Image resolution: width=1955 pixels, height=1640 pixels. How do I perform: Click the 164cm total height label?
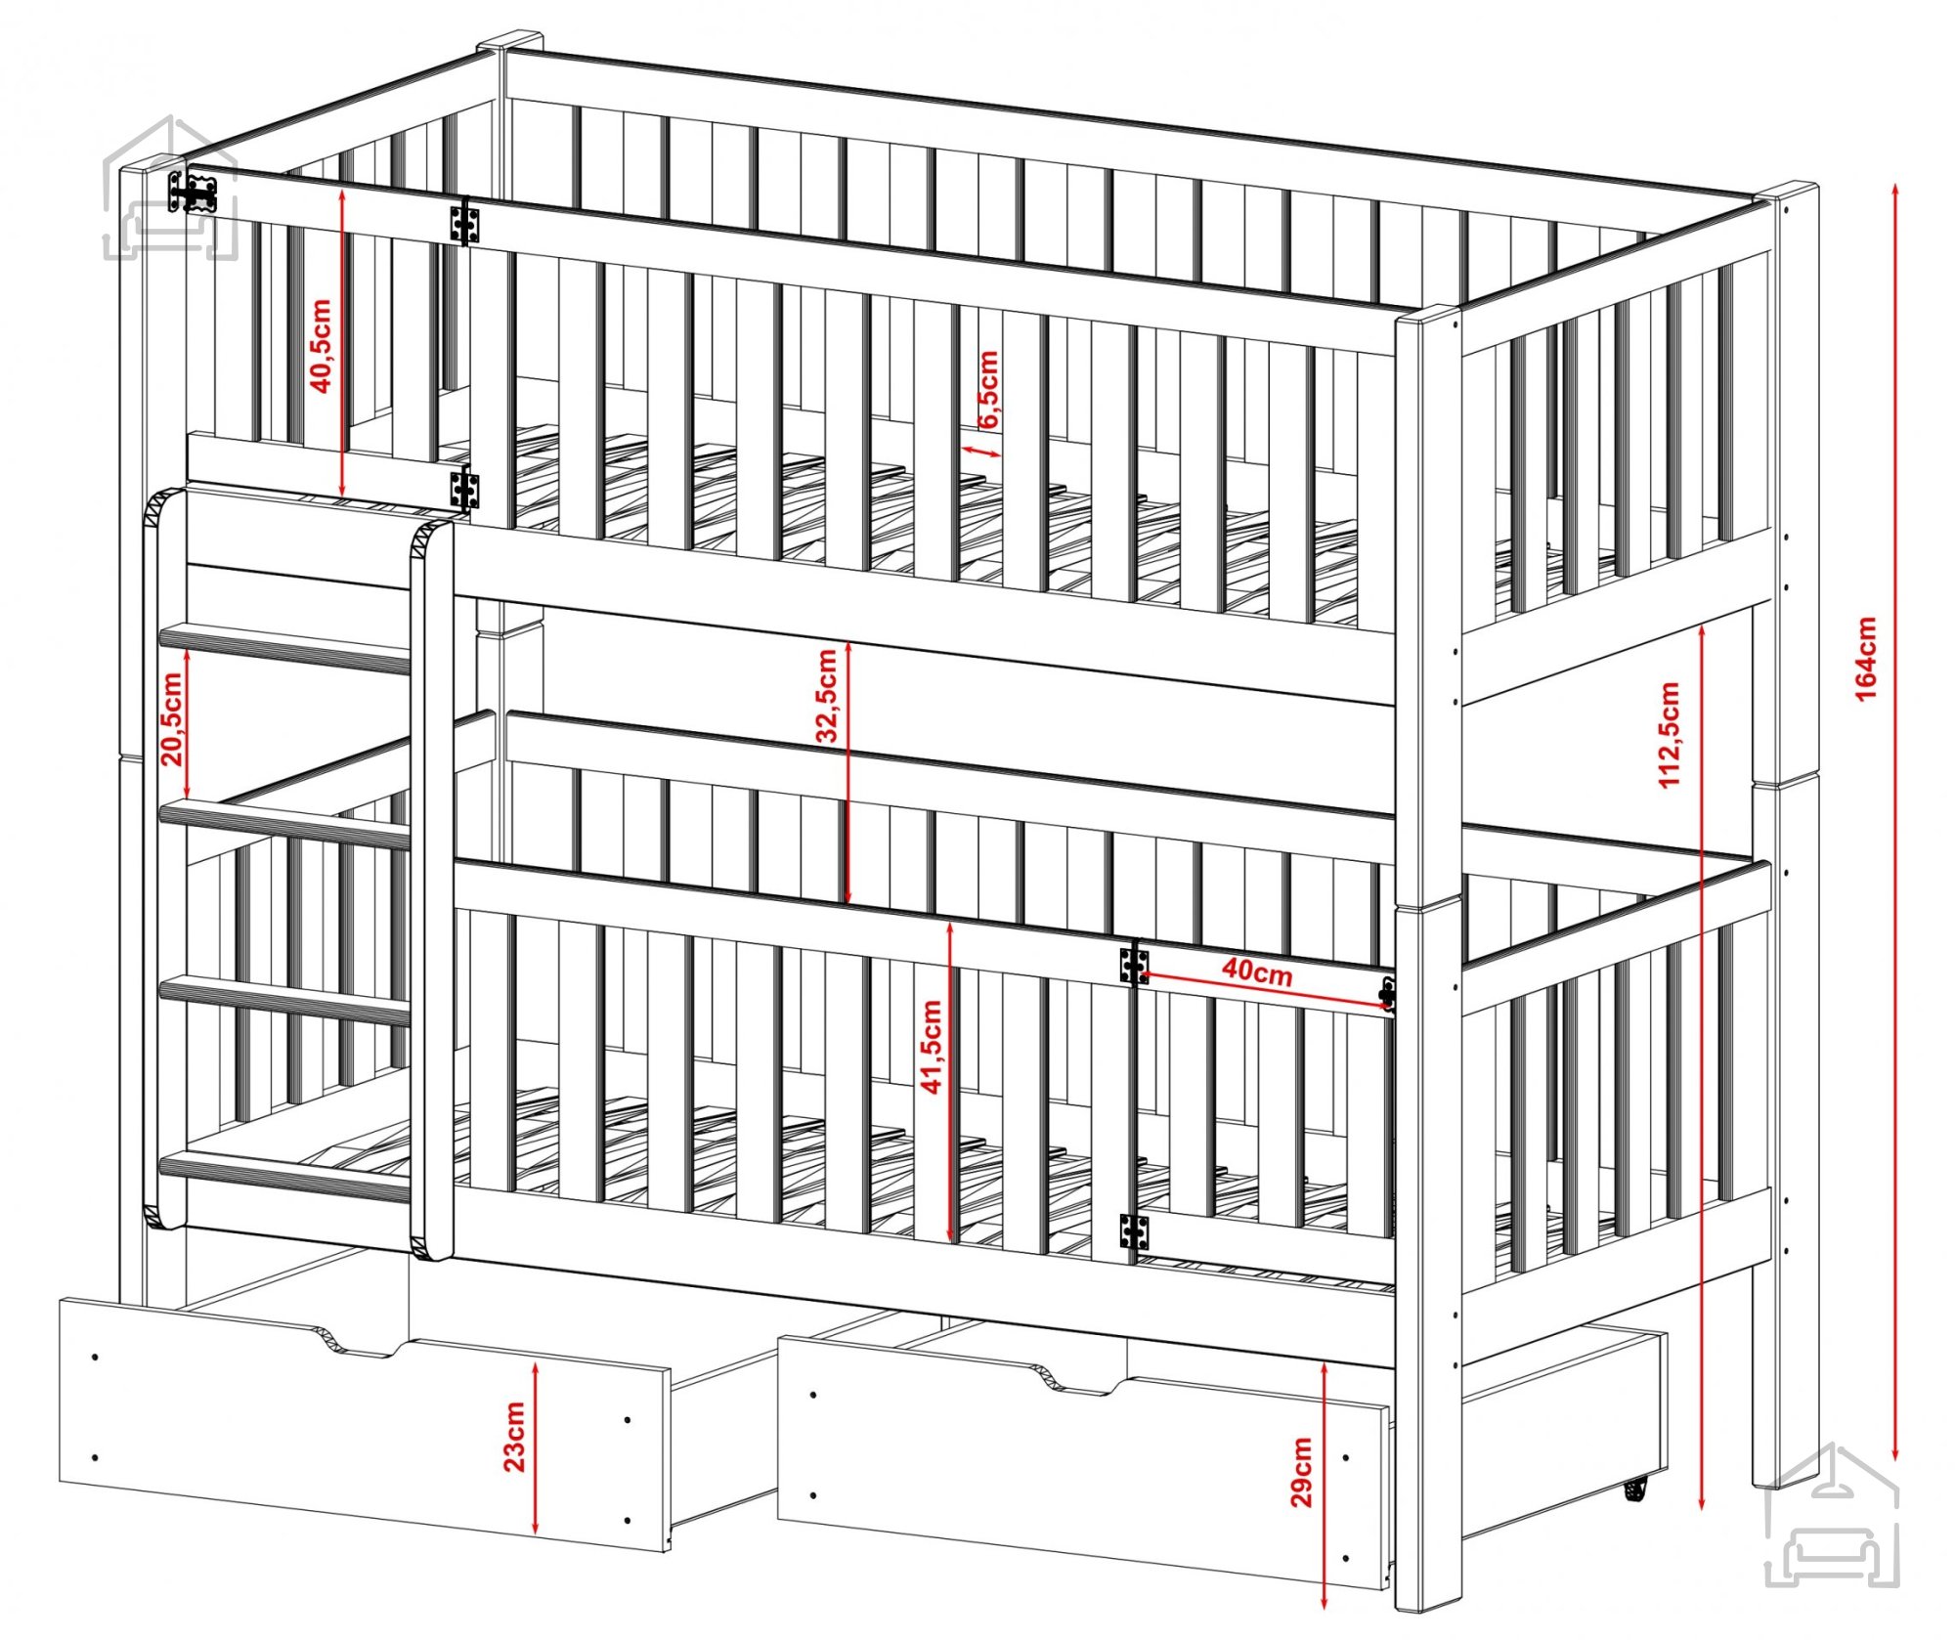point(1866,659)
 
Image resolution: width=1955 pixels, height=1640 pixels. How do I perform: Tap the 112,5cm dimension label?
point(1670,735)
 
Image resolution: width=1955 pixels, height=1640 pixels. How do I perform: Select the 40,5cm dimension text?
point(321,346)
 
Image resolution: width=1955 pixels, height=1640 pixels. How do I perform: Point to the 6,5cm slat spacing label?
point(988,389)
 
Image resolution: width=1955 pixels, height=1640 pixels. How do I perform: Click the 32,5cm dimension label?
point(827,696)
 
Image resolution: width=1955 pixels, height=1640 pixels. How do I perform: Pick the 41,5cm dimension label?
point(932,1046)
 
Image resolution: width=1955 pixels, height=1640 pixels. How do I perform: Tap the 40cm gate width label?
point(1257,972)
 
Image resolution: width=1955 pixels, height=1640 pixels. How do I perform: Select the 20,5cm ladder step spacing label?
point(172,719)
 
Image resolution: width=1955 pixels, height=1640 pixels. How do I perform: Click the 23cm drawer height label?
point(513,1437)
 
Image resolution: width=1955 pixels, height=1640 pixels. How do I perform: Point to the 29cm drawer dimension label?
point(1301,1472)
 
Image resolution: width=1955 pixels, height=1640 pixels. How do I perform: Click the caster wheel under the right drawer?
point(1633,1489)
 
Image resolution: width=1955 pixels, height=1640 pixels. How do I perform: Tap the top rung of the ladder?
point(284,647)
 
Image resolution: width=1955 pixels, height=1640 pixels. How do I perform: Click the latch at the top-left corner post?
point(193,193)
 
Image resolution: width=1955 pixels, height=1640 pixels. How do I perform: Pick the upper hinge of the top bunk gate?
point(464,224)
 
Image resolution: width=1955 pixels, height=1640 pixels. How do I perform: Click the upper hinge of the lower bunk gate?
point(1134,965)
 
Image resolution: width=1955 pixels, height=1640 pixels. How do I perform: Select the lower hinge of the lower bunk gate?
point(1134,1231)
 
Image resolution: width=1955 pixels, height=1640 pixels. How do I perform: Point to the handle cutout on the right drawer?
point(1073,1376)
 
